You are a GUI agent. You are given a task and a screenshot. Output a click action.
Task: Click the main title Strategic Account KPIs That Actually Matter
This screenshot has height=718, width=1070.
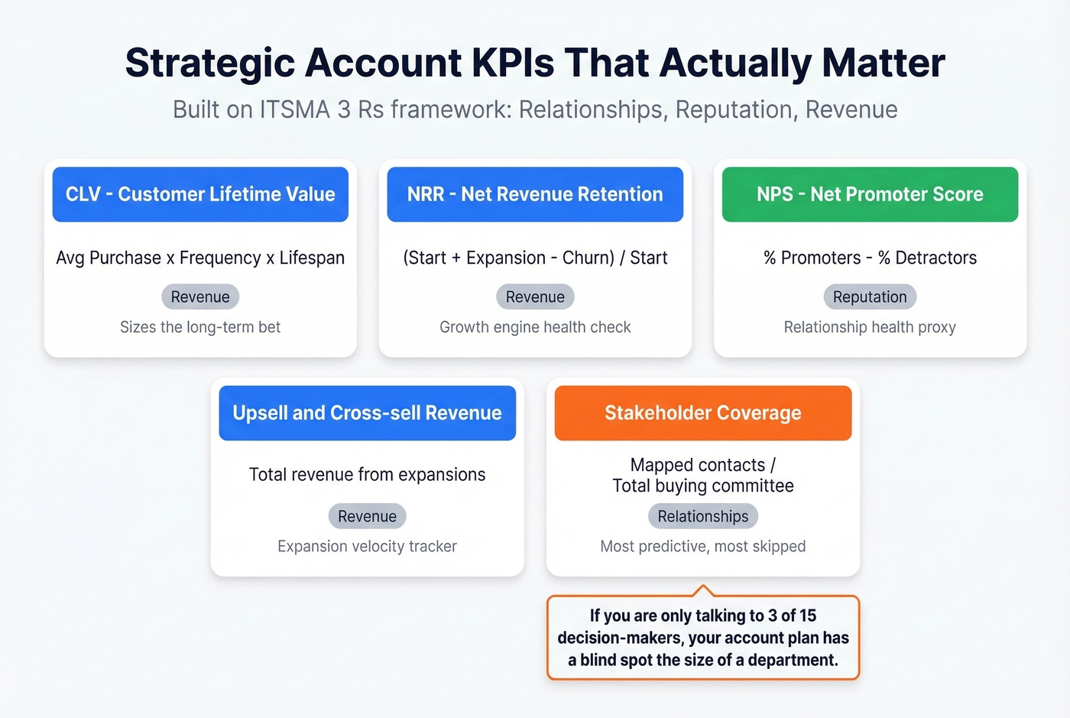pyautogui.click(x=535, y=63)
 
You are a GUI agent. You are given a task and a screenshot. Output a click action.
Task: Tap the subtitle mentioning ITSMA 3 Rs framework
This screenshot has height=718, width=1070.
pyautogui.click(x=535, y=109)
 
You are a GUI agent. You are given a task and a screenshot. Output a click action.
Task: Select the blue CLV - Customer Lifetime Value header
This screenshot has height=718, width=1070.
pyautogui.click(x=200, y=194)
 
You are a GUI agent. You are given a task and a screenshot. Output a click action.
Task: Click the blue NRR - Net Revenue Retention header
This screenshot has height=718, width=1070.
pyautogui.click(x=535, y=194)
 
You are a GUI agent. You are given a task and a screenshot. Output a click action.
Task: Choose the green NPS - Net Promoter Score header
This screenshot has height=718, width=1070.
pyautogui.click(x=870, y=194)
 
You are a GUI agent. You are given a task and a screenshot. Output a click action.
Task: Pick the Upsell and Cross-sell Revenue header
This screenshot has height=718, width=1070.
pyautogui.click(x=367, y=413)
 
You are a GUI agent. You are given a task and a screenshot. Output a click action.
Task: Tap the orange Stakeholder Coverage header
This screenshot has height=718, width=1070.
pyautogui.click(x=703, y=413)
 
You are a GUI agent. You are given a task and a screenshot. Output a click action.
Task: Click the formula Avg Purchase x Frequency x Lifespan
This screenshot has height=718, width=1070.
pyautogui.click(x=200, y=258)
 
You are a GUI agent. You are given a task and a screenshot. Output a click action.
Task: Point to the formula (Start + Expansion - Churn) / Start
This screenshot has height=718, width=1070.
pyautogui.click(x=535, y=258)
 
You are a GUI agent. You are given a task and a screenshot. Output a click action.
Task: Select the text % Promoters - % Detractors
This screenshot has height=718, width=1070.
pyautogui.click(x=870, y=258)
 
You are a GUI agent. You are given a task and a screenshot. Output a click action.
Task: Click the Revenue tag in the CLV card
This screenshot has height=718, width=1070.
pyautogui.click(x=200, y=297)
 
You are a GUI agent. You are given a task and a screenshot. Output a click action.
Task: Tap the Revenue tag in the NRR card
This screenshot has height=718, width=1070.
pyautogui.click(x=535, y=297)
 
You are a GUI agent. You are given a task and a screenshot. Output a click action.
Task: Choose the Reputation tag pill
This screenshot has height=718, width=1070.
pyautogui.click(x=870, y=297)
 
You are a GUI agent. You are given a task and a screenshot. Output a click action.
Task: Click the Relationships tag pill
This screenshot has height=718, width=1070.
pyautogui.click(x=703, y=516)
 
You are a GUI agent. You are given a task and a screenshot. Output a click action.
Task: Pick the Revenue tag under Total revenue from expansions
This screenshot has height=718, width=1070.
pyautogui.click(x=367, y=516)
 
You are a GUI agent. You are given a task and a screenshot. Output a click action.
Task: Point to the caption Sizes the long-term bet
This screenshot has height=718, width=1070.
pyautogui.click(x=200, y=327)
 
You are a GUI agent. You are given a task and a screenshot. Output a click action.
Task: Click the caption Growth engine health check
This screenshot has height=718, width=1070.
pyautogui.click(x=535, y=327)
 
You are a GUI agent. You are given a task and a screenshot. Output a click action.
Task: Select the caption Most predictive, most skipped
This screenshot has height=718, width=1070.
pyautogui.click(x=703, y=546)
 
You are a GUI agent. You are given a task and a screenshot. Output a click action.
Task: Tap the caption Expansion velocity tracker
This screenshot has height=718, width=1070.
pyautogui.click(x=367, y=546)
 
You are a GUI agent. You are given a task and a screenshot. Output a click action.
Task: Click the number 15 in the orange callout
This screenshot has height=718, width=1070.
pyautogui.click(x=807, y=616)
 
